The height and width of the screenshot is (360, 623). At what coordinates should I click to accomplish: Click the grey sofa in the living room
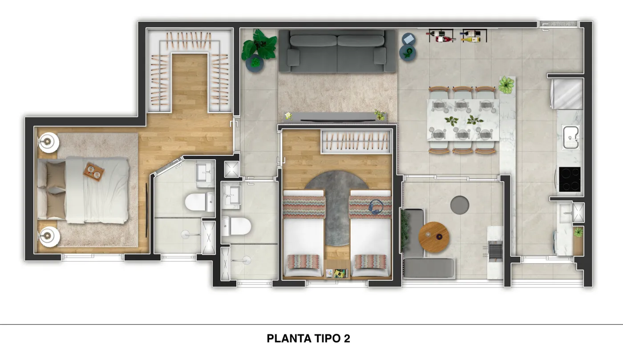pyautogui.click(x=337, y=51)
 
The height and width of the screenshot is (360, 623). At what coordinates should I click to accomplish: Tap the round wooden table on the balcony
pyautogui.click(x=434, y=237)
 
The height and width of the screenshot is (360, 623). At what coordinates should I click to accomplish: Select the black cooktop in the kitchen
pyautogui.click(x=570, y=179)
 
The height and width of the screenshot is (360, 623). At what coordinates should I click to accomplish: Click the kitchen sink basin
pyautogui.click(x=571, y=137)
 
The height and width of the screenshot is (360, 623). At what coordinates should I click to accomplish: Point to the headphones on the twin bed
pyautogui.click(x=376, y=207)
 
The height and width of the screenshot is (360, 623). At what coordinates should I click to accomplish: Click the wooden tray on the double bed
pyautogui.click(x=94, y=172)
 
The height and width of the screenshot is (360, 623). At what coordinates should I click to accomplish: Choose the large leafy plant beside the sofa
pyautogui.click(x=259, y=45)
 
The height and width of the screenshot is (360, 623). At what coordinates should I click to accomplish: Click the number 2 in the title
pyautogui.click(x=347, y=338)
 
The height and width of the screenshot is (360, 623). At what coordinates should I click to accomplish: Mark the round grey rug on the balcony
pyautogui.click(x=460, y=205)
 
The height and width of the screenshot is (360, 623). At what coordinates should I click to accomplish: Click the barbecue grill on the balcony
pyautogui.click(x=495, y=252)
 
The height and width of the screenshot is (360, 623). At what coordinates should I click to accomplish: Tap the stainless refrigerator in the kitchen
pyautogui.click(x=567, y=94)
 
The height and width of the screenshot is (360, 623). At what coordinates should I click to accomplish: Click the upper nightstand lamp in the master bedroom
pyautogui.click(x=48, y=142)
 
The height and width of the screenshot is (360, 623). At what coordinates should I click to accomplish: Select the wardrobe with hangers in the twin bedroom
pyautogui.click(x=356, y=142)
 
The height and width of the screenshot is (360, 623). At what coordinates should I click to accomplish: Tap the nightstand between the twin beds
pyautogui.click(x=337, y=269)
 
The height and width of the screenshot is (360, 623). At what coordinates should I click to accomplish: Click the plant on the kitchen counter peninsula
pyautogui.click(x=506, y=85)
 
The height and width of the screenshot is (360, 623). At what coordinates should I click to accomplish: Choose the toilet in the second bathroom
pyautogui.click(x=236, y=226)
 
